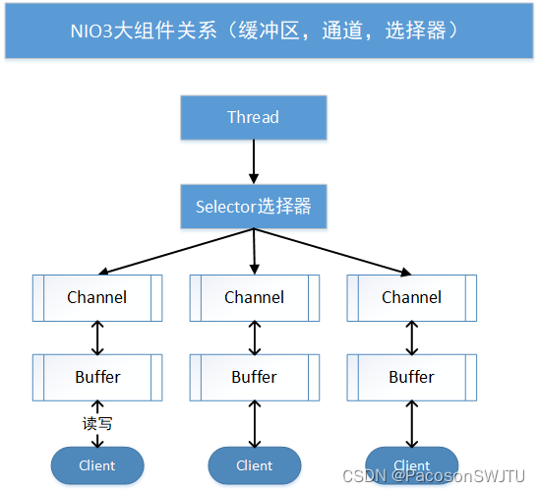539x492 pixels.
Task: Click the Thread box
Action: [x=254, y=117]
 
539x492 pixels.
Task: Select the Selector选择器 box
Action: [x=254, y=207]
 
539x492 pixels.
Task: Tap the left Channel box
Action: [x=97, y=297]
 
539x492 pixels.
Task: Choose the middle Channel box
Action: [x=254, y=297]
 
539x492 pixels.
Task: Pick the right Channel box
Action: [x=411, y=297]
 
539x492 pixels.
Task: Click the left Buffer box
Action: [x=97, y=377]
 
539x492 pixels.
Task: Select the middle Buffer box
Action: [x=254, y=377]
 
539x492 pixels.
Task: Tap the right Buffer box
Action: [x=411, y=377]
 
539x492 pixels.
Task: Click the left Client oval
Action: [x=97, y=465]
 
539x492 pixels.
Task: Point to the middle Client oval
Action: [x=254, y=465]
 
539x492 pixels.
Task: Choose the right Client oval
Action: [x=411, y=464]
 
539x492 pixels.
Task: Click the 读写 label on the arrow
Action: [x=97, y=424]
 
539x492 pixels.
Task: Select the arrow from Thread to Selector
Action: [x=254, y=161]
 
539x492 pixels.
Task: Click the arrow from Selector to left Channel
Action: [x=177, y=252]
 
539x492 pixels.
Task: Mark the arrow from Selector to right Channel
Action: [x=332, y=252]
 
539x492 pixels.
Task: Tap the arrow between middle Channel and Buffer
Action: [x=255, y=338]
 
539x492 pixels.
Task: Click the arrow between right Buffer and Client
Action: [x=411, y=422]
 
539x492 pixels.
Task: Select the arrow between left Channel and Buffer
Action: [x=97, y=338]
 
